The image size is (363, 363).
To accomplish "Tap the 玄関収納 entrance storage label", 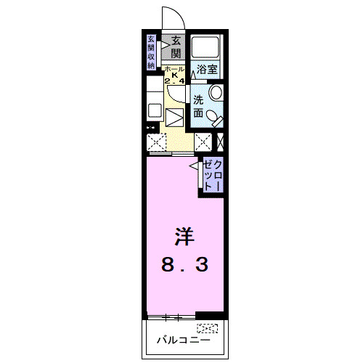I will pyautogui.click(x=151, y=52).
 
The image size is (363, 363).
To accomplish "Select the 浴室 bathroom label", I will pyautogui.click(x=207, y=70).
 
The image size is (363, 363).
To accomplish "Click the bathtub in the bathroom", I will pyautogui.click(x=208, y=49).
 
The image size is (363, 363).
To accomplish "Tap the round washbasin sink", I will pyautogui.click(x=216, y=93).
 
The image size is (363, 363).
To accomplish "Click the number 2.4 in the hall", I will pyautogui.click(x=174, y=81).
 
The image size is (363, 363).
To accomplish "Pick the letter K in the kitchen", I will pyautogui.click(x=174, y=75).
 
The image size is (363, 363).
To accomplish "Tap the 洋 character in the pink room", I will pyautogui.click(x=184, y=237).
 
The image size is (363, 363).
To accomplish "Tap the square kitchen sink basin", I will pyautogui.click(x=155, y=111).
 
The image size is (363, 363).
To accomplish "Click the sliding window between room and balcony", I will pyautogui.click(x=172, y=317).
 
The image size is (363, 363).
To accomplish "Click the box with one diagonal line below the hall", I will pyautogui.click(x=174, y=117).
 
